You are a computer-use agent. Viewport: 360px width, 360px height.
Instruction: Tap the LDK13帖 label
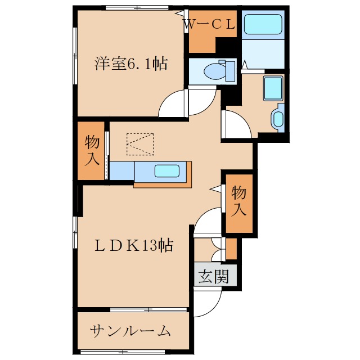pyautogui.click(x=133, y=245)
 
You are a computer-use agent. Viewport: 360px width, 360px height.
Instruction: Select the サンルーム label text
pyautogui.click(x=130, y=331)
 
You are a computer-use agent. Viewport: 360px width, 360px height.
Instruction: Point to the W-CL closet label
pyautogui.click(x=211, y=24)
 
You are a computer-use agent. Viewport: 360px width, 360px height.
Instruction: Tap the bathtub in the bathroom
pyautogui.click(x=263, y=24)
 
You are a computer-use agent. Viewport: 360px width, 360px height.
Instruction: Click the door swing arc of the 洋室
pyautogui.click(x=173, y=105)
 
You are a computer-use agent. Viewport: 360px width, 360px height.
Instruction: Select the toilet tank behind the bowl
pyautogui.click(x=229, y=70)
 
